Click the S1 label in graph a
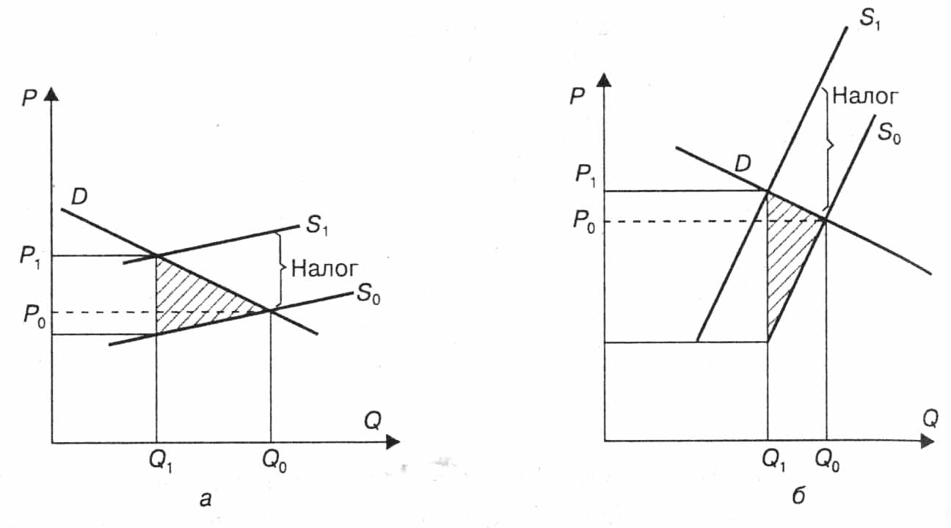click(317, 225)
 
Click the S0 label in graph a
click(368, 293)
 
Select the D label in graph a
click(79, 197)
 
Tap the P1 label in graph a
click(30, 257)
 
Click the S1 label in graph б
click(870, 19)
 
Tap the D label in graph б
click(743, 164)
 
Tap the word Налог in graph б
click(865, 96)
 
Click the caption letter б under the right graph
click(798, 495)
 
